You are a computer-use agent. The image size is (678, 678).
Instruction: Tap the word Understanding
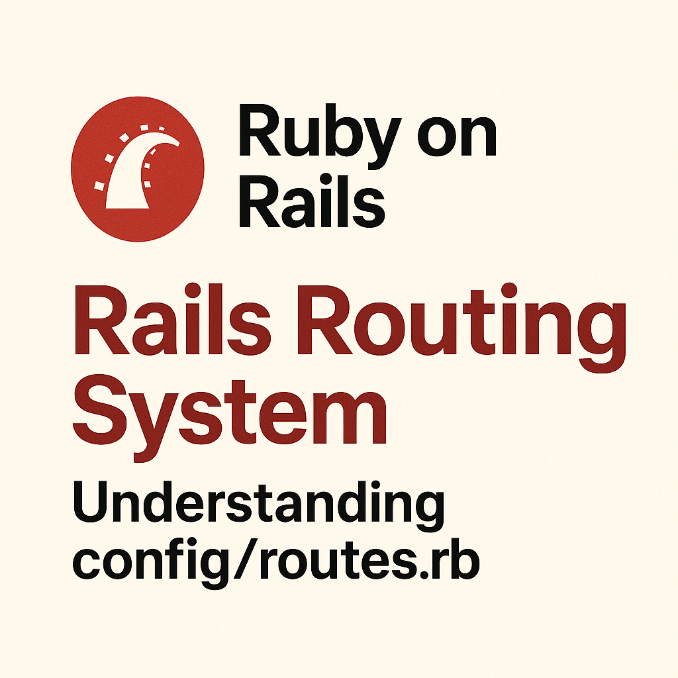258,505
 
